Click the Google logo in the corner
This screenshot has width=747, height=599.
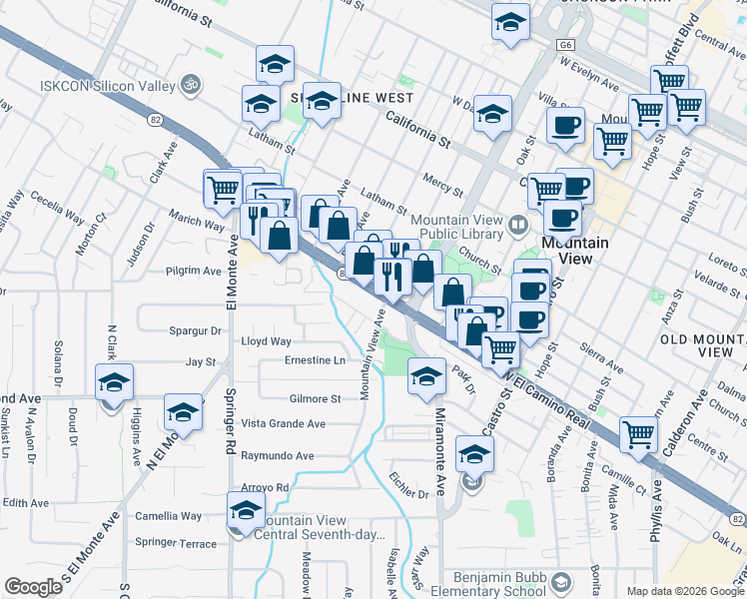(x=33, y=587)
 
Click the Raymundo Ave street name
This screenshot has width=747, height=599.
(x=278, y=455)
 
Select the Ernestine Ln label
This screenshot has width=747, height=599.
(x=315, y=359)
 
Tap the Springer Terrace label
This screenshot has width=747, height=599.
(x=175, y=543)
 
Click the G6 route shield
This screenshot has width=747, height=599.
(x=566, y=45)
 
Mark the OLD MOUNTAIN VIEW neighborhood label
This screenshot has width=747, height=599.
(x=703, y=345)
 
